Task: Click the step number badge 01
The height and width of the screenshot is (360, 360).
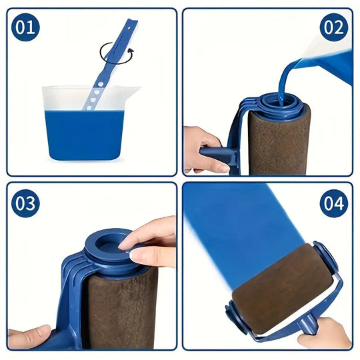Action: tap(25, 27)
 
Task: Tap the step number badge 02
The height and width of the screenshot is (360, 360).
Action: tap(333, 27)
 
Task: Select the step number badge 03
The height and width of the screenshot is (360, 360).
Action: tap(25, 203)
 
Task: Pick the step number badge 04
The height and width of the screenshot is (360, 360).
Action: tap(333, 203)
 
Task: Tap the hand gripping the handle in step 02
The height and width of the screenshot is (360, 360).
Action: tap(202, 148)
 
